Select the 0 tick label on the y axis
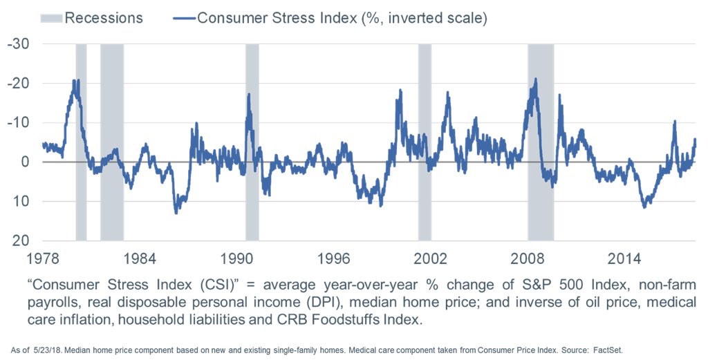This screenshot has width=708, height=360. click(26, 162)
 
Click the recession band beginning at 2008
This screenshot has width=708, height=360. click(541, 138)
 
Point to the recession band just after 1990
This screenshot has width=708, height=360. click(252, 138)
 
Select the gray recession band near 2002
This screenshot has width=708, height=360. click(425, 138)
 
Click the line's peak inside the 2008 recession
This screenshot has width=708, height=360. click(535, 79)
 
